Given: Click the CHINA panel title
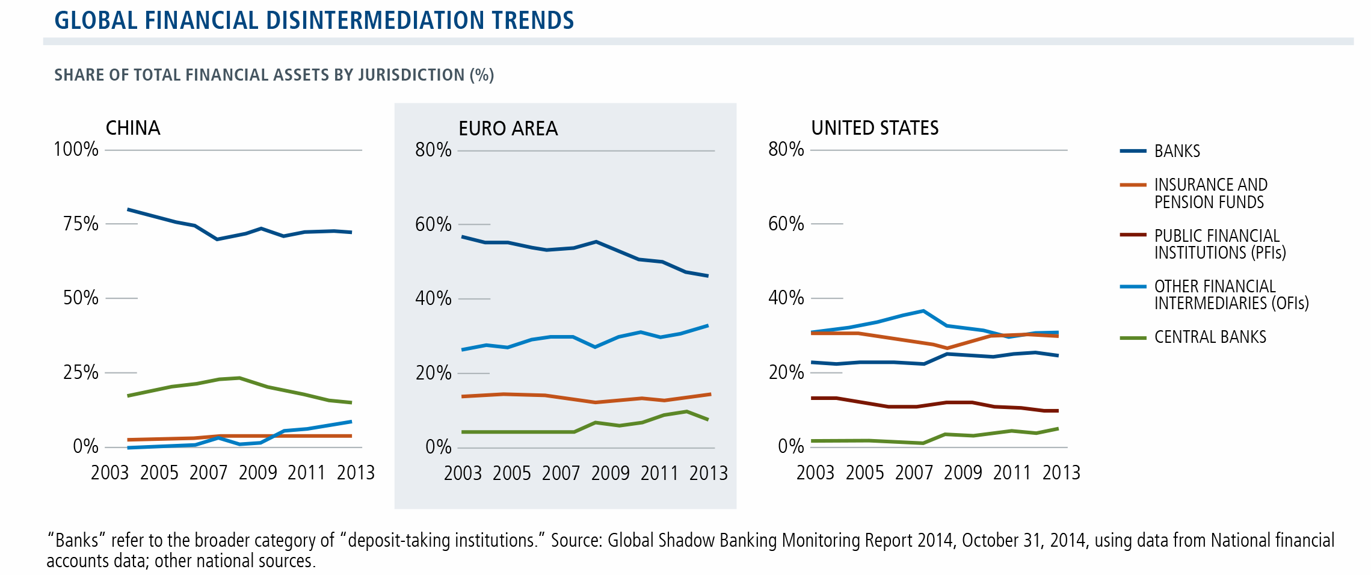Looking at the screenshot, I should [x=133, y=128].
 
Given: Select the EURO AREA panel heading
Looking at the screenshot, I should [x=508, y=129].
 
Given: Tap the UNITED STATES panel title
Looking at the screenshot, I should [x=875, y=128].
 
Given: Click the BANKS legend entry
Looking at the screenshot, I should [x=1177, y=151].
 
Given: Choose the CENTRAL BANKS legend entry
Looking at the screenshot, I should [x=1210, y=337].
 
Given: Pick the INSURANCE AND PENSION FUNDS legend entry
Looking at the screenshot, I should [x=1210, y=193].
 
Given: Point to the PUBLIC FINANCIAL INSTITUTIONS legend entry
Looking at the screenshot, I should [x=1219, y=244].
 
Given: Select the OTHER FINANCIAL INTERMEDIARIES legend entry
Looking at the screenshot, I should [x=1231, y=294].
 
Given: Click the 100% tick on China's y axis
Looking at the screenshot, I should [x=76, y=149].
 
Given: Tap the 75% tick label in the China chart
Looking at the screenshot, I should [x=81, y=224].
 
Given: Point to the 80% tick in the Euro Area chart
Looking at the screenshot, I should [x=433, y=150].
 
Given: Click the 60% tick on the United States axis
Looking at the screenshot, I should [x=786, y=224].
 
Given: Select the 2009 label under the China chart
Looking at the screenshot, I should [x=257, y=473].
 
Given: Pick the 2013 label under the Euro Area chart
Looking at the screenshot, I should [x=708, y=473].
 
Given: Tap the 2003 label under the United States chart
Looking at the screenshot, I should [x=815, y=473].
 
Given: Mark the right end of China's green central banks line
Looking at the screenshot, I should [x=351, y=402].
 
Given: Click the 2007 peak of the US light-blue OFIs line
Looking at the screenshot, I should [x=923, y=311].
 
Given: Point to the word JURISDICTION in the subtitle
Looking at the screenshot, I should [x=411, y=75].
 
